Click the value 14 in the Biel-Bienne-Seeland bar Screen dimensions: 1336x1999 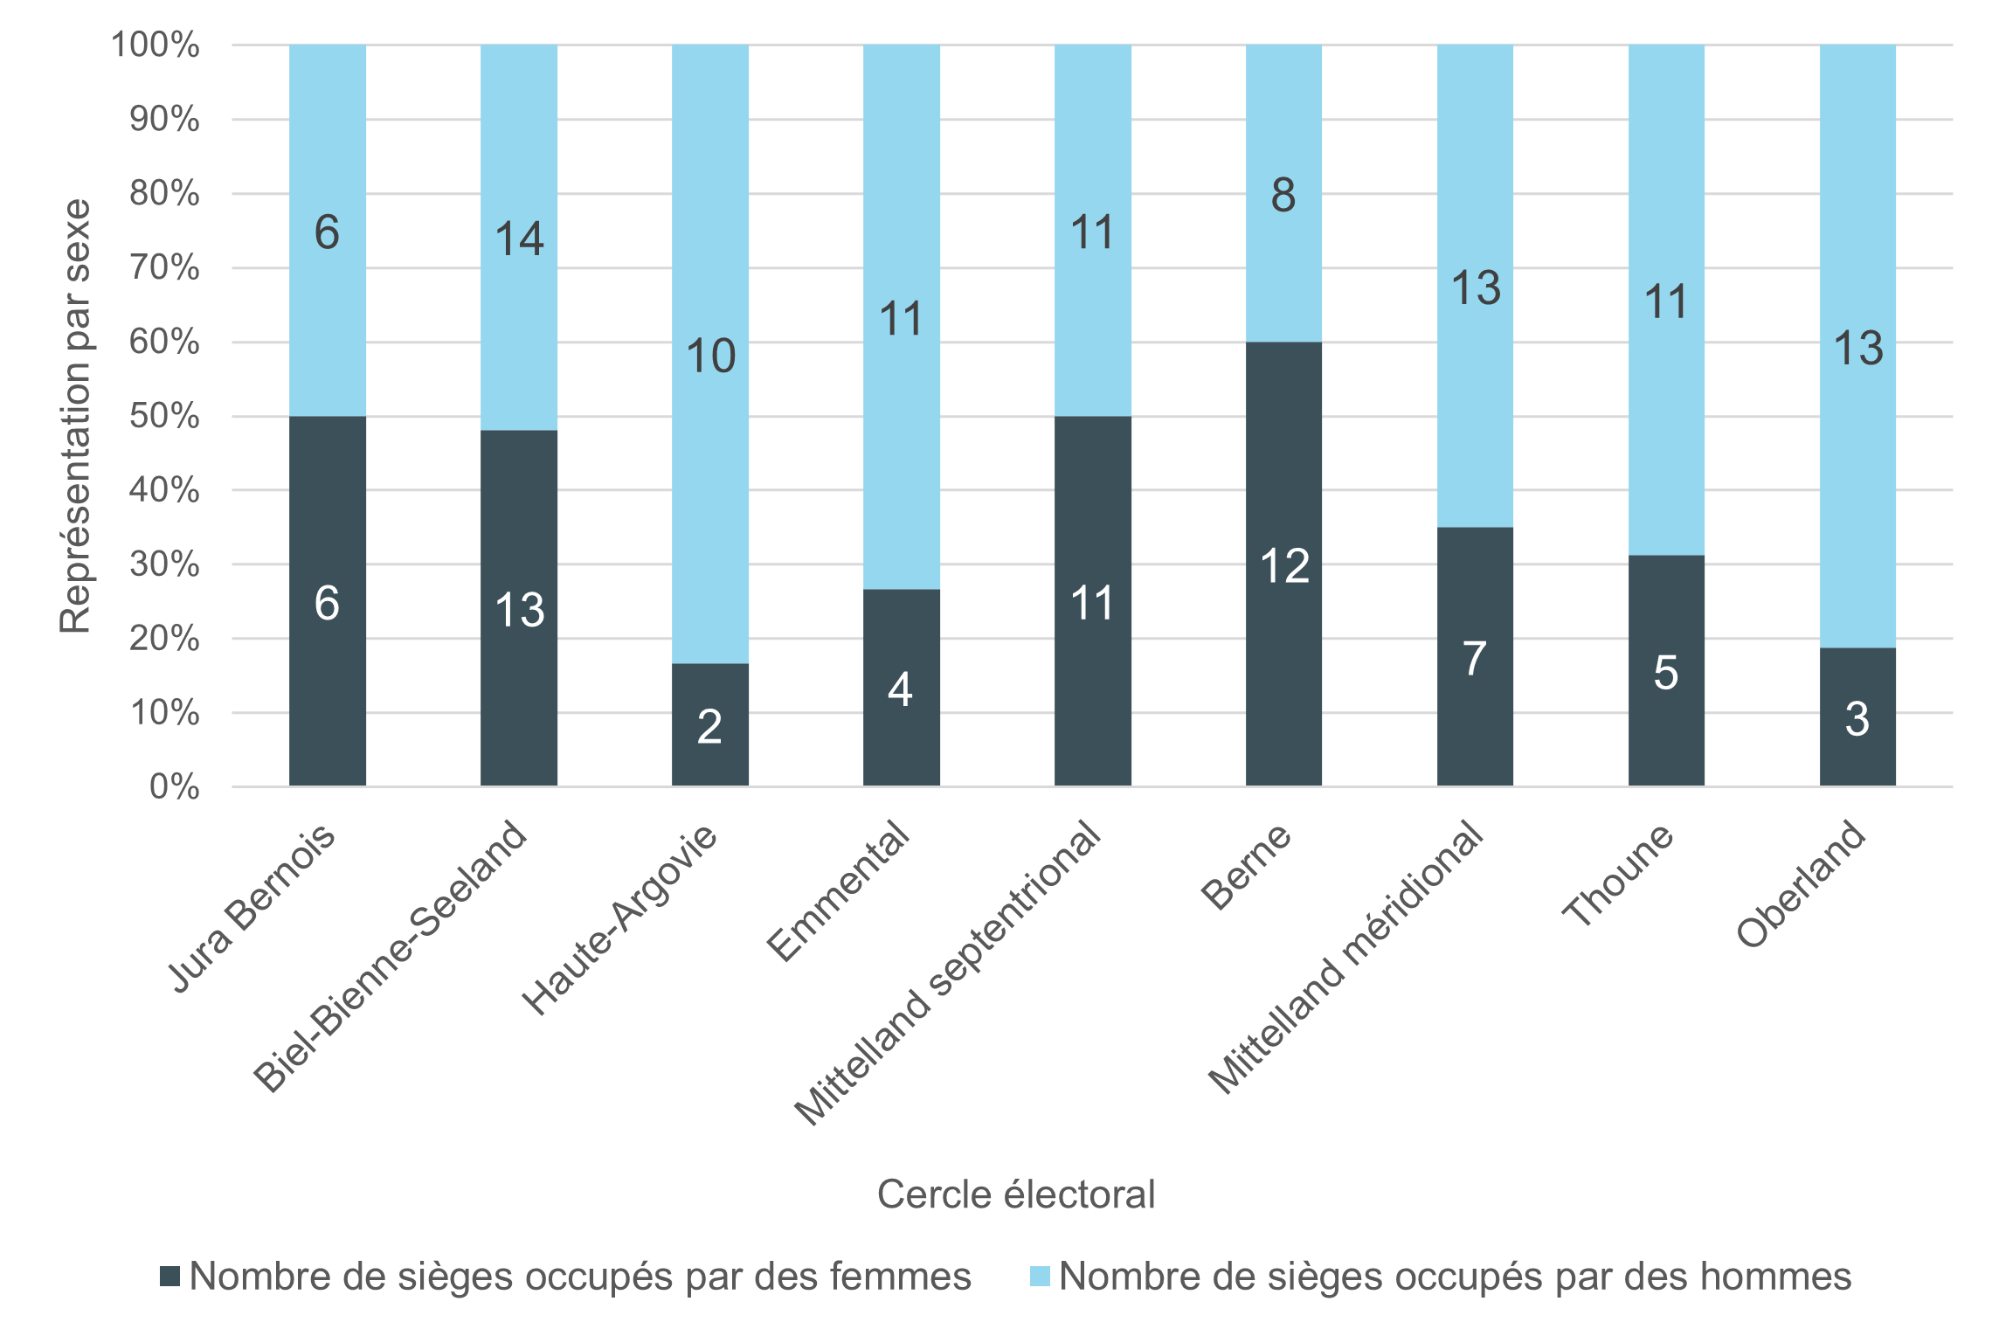click(519, 239)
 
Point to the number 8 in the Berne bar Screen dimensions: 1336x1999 click(1283, 195)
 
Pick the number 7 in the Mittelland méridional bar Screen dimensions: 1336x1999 click(1475, 659)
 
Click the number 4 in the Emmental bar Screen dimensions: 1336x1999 click(900, 689)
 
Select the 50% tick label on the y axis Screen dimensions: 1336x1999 click(164, 416)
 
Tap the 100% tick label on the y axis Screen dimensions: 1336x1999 click(156, 45)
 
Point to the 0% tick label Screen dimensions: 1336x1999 click(174, 786)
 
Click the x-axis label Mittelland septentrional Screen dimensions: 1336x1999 click(949, 972)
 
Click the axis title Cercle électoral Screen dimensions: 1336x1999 click(1015, 1194)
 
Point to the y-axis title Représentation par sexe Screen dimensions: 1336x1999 click(75, 416)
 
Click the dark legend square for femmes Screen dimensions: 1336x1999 click(170, 1277)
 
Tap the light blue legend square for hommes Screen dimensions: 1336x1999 click(1040, 1277)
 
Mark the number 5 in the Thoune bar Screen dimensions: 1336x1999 click(1665, 673)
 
